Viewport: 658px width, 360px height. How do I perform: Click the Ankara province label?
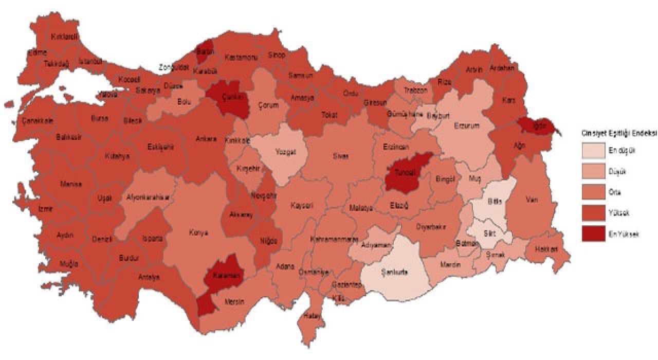point(206,139)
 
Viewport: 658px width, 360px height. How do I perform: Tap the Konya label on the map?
point(198,232)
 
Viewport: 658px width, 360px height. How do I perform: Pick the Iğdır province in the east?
point(537,126)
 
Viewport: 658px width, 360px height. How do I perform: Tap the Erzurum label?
point(466,125)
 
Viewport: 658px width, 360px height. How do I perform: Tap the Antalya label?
point(149,277)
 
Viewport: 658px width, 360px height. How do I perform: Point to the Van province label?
point(532,201)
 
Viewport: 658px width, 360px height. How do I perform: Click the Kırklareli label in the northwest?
point(64,37)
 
